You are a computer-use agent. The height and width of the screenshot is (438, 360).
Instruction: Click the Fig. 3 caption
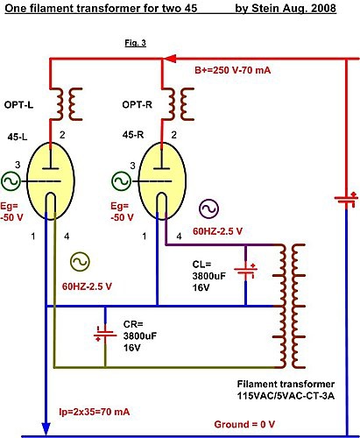point(135,43)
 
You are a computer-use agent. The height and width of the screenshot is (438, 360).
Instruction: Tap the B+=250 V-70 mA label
point(232,70)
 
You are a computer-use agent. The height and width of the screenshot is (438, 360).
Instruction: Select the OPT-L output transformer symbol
point(66,104)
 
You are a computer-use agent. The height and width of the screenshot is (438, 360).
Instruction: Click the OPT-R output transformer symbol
point(178,104)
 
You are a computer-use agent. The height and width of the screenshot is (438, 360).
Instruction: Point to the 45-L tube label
point(18,136)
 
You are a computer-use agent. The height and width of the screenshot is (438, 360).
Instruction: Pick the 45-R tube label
point(133,135)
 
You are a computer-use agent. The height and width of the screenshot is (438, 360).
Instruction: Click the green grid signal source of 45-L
point(11,181)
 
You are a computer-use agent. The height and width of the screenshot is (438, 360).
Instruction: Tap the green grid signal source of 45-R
point(121,181)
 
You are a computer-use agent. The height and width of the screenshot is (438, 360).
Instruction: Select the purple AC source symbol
point(209,208)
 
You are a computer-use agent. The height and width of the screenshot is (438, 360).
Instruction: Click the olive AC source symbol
point(80,262)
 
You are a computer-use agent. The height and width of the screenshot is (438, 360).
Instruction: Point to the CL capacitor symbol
point(246,271)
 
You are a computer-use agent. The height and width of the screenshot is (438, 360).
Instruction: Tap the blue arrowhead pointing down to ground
point(46,429)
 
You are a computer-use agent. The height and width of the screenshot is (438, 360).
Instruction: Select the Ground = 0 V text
point(244,424)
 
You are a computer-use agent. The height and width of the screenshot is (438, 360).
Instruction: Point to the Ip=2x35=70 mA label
point(95,412)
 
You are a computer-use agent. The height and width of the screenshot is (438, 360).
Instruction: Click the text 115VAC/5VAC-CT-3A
point(286,396)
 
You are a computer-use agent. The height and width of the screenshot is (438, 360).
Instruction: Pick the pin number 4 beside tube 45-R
point(179,236)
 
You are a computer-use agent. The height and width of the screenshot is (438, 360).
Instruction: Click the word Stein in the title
point(264,8)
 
